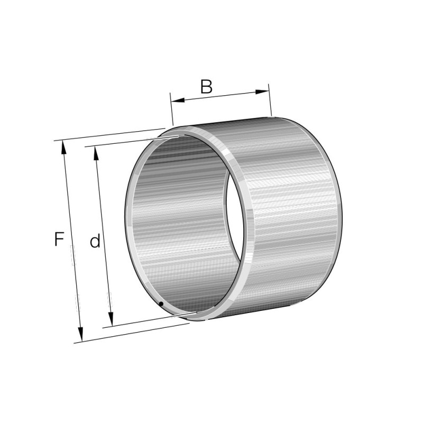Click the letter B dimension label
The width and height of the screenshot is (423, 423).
206,87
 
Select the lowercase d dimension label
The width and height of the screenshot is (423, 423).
95,241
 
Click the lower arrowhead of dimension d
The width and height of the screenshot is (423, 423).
111,319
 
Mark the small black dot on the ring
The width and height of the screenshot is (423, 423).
161,304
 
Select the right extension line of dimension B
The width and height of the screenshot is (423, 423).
270,100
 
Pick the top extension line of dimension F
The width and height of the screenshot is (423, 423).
111,134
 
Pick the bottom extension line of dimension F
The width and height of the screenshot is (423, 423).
132,333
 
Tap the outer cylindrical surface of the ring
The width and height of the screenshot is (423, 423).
291,212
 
